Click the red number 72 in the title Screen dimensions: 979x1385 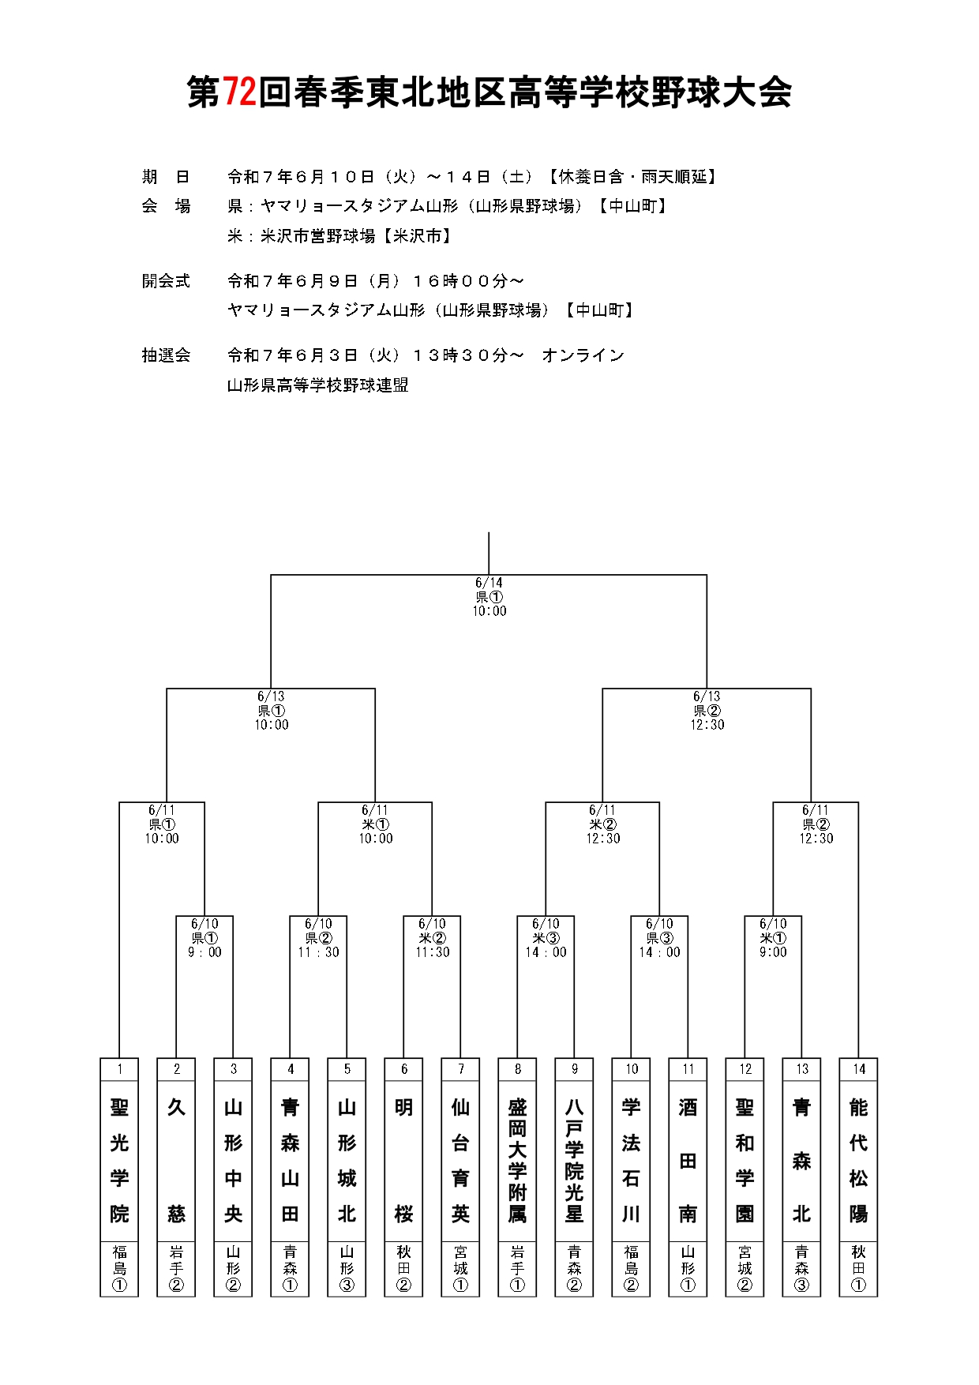(x=239, y=92)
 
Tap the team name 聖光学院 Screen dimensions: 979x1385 (x=119, y=1160)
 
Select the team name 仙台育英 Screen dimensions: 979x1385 (x=460, y=1160)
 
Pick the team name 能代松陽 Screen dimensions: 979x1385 (x=858, y=1160)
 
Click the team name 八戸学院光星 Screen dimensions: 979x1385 (x=574, y=1160)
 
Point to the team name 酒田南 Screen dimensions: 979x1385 (x=688, y=1160)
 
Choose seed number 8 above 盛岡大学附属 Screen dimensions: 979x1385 (x=517, y=1069)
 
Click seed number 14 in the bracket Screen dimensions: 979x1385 (x=858, y=1069)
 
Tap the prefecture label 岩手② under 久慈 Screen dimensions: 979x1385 (x=176, y=1268)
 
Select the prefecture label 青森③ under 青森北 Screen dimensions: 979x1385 (x=801, y=1268)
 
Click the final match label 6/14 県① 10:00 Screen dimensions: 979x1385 (x=489, y=597)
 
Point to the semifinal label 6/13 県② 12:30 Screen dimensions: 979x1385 (x=707, y=711)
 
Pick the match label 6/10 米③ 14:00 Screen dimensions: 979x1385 (x=546, y=938)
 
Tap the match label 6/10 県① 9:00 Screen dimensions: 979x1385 (x=204, y=938)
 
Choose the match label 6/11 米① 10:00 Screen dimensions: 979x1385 (x=376, y=824)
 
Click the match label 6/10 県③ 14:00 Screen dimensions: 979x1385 (x=660, y=938)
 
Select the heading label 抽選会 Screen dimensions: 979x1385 (x=166, y=355)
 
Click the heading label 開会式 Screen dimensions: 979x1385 (x=166, y=281)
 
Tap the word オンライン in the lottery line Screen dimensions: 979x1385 (x=583, y=355)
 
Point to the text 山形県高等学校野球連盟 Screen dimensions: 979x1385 (x=318, y=385)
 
